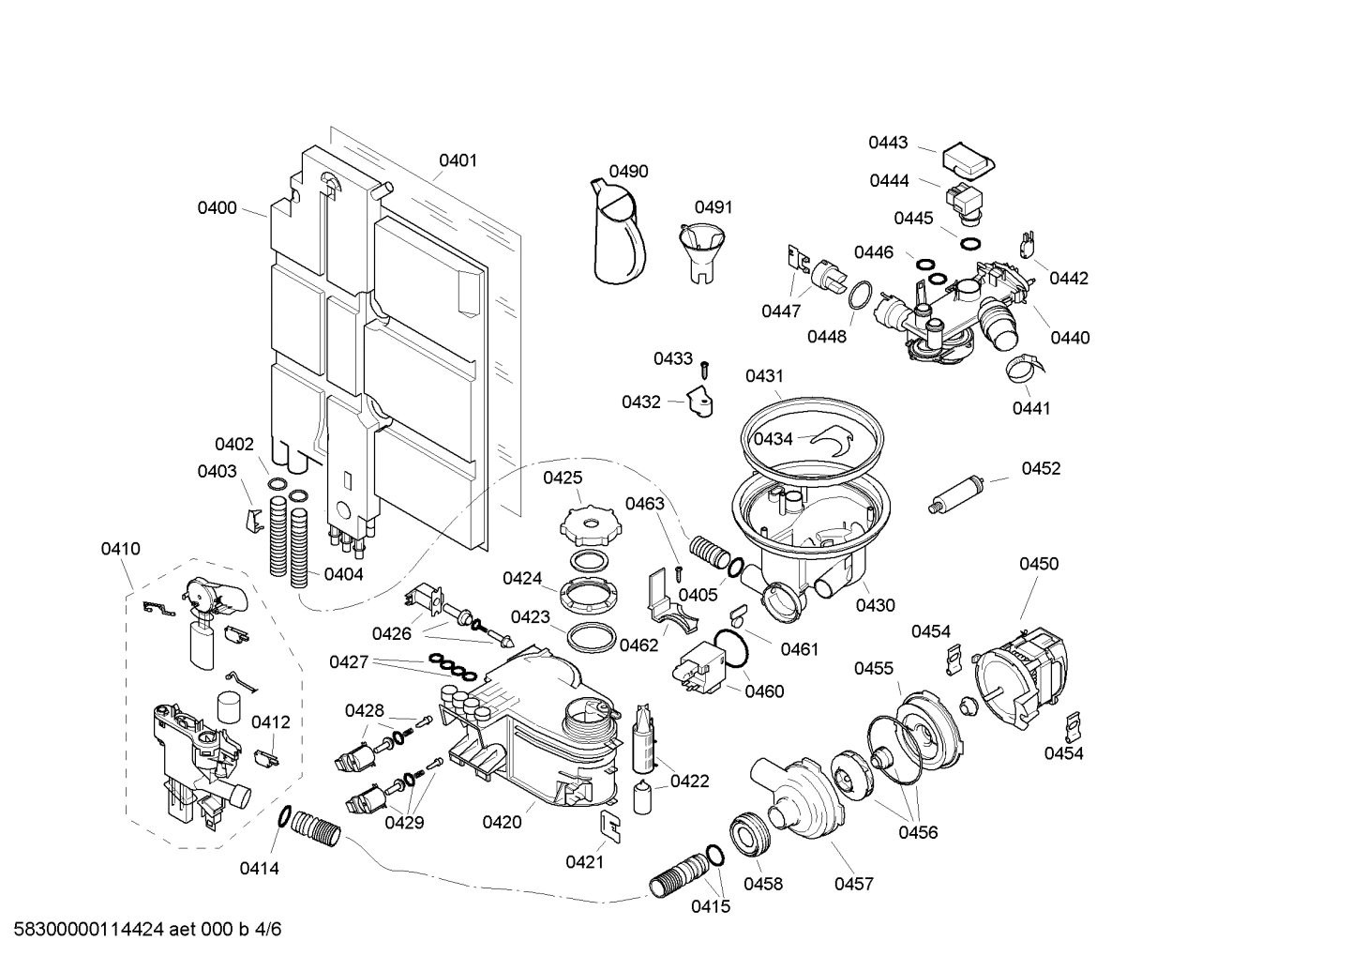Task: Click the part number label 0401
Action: (x=458, y=160)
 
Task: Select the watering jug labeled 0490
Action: (x=619, y=233)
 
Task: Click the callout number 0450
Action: (x=1039, y=564)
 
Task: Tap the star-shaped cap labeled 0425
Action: (x=585, y=521)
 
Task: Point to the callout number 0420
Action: (x=502, y=823)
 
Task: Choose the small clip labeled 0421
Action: (x=610, y=827)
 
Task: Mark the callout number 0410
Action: (x=121, y=549)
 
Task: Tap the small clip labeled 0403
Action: (x=251, y=519)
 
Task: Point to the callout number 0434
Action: (x=774, y=439)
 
